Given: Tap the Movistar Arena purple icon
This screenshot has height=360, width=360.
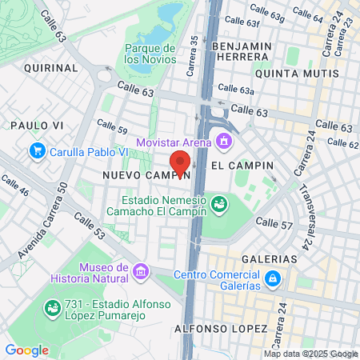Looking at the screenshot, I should tap(223, 143).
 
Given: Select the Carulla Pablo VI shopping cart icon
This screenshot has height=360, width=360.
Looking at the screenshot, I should tap(37, 150).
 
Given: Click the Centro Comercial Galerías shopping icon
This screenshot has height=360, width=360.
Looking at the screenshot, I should tap(273, 278).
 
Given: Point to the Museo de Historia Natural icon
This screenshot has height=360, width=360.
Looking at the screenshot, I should tap(142, 272).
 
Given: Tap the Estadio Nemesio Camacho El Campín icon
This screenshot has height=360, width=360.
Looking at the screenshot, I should tap(217, 206).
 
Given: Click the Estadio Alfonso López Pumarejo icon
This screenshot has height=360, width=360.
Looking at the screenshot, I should tap(53, 307).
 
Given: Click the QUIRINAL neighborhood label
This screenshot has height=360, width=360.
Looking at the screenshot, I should tap(50, 69).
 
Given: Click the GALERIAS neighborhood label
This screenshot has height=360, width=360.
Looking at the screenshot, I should tap(273, 259).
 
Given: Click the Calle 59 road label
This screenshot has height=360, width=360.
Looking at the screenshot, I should tap(112, 126).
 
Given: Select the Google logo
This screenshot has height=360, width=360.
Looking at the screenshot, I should tap(26, 350).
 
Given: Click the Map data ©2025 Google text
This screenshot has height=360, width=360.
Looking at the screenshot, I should tap(311, 354).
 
